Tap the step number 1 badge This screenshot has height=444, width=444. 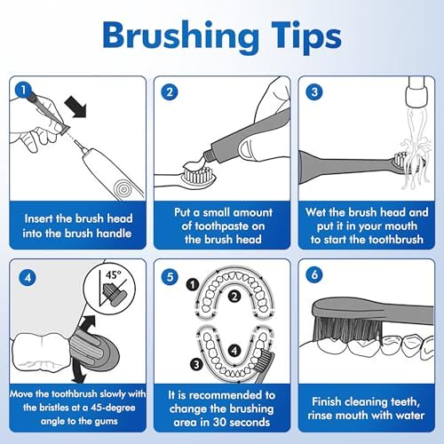(x=24, y=89)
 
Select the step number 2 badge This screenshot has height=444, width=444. (x=170, y=89)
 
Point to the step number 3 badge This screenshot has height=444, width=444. (x=315, y=89)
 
